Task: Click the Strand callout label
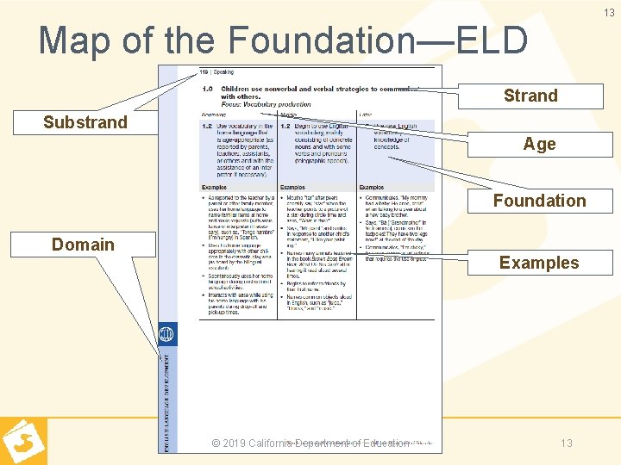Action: click(x=530, y=96)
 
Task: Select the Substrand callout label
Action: click(x=85, y=122)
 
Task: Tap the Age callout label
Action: click(x=539, y=144)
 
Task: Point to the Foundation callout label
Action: click(x=539, y=201)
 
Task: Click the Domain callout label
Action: click(x=83, y=245)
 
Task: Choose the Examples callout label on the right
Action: click(x=539, y=263)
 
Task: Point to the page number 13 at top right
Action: click(x=609, y=13)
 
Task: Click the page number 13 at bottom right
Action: click(x=567, y=443)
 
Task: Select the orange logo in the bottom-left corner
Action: click(x=23, y=441)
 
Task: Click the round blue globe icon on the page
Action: click(x=166, y=334)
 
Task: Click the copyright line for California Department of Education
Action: click(x=310, y=443)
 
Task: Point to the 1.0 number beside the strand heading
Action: click(x=207, y=89)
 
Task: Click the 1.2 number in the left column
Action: click(x=206, y=127)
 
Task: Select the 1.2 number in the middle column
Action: click(x=285, y=127)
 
